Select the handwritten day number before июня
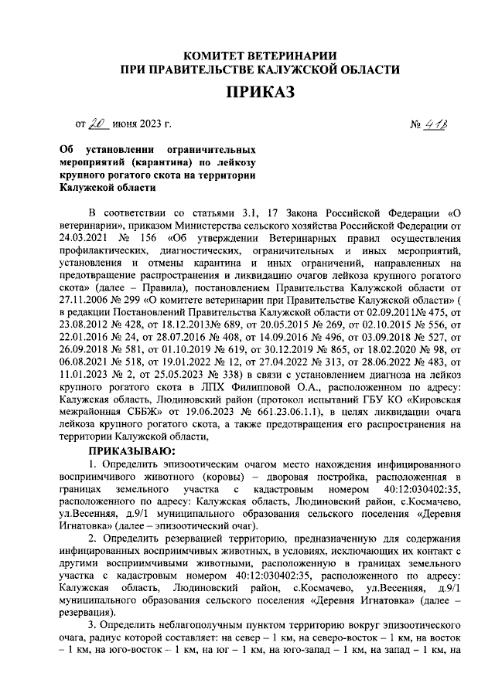pos(99,122)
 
